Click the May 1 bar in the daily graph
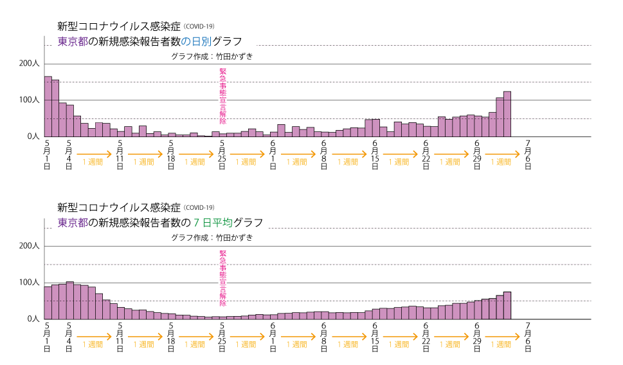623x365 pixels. (x=48, y=107)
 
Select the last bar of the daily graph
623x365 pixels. (x=507, y=115)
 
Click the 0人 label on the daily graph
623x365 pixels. (x=33, y=136)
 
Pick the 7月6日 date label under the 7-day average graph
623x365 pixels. (x=528, y=337)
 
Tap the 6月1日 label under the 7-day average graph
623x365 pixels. (x=273, y=337)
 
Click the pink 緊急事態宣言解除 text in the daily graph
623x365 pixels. (x=223, y=97)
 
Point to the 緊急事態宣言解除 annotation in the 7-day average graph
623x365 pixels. (x=223, y=279)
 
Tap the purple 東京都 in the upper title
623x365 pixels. (x=72, y=41)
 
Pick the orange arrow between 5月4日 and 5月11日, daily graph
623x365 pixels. (x=94, y=154)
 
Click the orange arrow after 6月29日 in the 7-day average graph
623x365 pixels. (x=502, y=337)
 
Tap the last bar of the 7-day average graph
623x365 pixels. (x=507, y=306)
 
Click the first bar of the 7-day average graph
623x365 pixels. (x=48, y=303)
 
